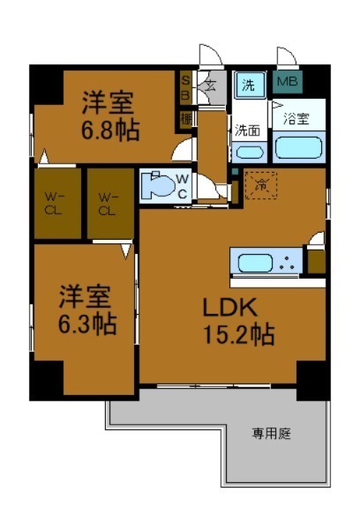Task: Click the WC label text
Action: (x=182, y=186)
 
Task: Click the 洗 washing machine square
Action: (x=249, y=85)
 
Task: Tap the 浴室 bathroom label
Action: (x=296, y=117)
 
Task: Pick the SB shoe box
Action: (x=185, y=86)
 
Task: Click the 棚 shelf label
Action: (x=186, y=116)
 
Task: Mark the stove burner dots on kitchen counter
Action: (x=287, y=262)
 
